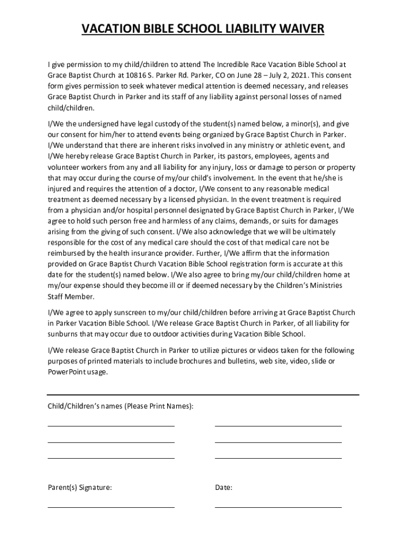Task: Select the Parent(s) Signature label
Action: point(80,488)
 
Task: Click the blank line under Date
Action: point(278,507)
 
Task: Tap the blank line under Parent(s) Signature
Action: point(111,507)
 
